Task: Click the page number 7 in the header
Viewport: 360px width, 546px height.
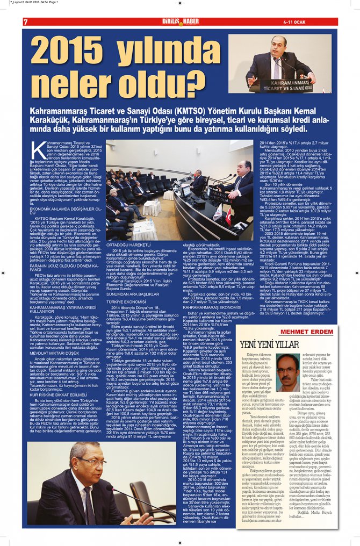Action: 25,21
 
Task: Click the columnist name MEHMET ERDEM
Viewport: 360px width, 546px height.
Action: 307,332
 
